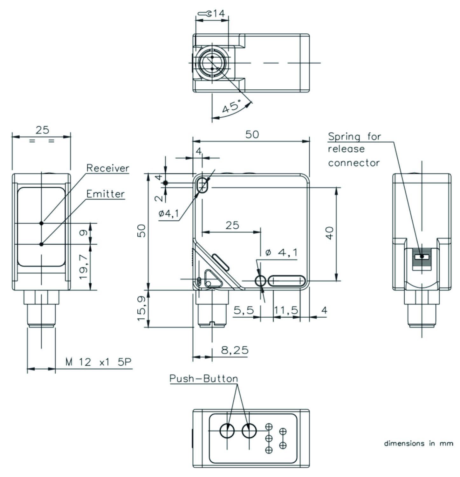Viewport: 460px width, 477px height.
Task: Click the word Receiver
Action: point(108,168)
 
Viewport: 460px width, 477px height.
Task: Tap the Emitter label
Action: point(106,194)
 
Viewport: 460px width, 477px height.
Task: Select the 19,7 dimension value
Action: point(84,266)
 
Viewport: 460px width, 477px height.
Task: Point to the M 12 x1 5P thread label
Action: point(98,362)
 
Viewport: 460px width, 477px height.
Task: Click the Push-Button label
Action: point(203,378)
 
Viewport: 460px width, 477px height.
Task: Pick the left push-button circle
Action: point(227,431)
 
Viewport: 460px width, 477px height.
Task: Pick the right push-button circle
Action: point(249,431)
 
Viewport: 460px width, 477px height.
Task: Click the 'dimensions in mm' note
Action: point(418,443)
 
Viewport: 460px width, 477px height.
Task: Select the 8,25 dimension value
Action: point(235,350)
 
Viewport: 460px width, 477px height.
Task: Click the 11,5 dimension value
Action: point(286,310)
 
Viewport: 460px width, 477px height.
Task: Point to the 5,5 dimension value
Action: point(244,310)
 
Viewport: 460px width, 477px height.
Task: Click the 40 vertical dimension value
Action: point(330,233)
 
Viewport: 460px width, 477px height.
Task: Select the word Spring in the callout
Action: point(344,136)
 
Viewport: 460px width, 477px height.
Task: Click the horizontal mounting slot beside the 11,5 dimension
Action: point(287,281)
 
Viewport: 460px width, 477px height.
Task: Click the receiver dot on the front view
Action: point(41,223)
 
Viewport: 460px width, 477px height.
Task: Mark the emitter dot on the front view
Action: point(41,244)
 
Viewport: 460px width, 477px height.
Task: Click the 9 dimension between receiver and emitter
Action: point(83,233)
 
